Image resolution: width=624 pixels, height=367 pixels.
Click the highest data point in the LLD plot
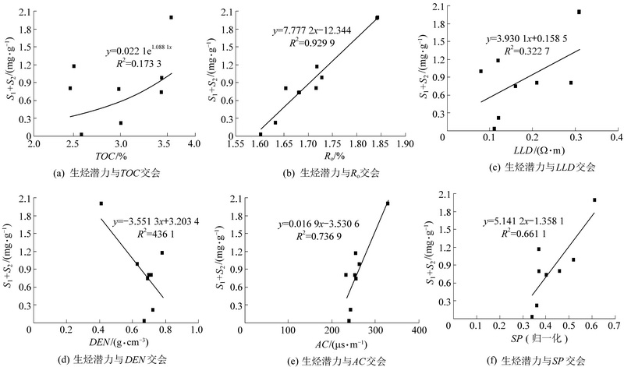(x=579, y=12)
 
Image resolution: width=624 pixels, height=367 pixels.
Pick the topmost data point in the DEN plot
(x=101, y=203)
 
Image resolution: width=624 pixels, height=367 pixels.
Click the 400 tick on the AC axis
(x=420, y=330)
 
